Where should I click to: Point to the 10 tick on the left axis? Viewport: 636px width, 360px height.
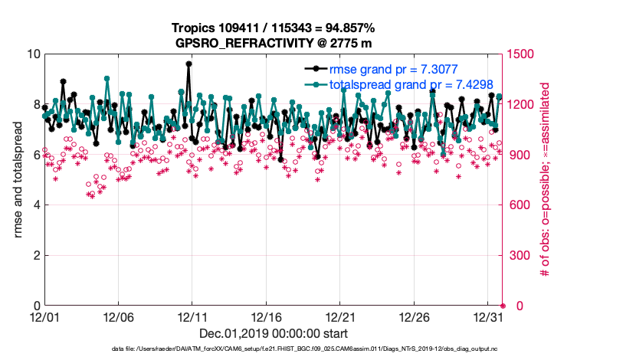33,54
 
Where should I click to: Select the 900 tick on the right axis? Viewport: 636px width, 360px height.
519,155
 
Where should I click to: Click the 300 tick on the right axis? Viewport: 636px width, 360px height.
519,255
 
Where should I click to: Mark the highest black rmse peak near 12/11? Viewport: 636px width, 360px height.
189,64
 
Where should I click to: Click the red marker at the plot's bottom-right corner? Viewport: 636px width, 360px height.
503,306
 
